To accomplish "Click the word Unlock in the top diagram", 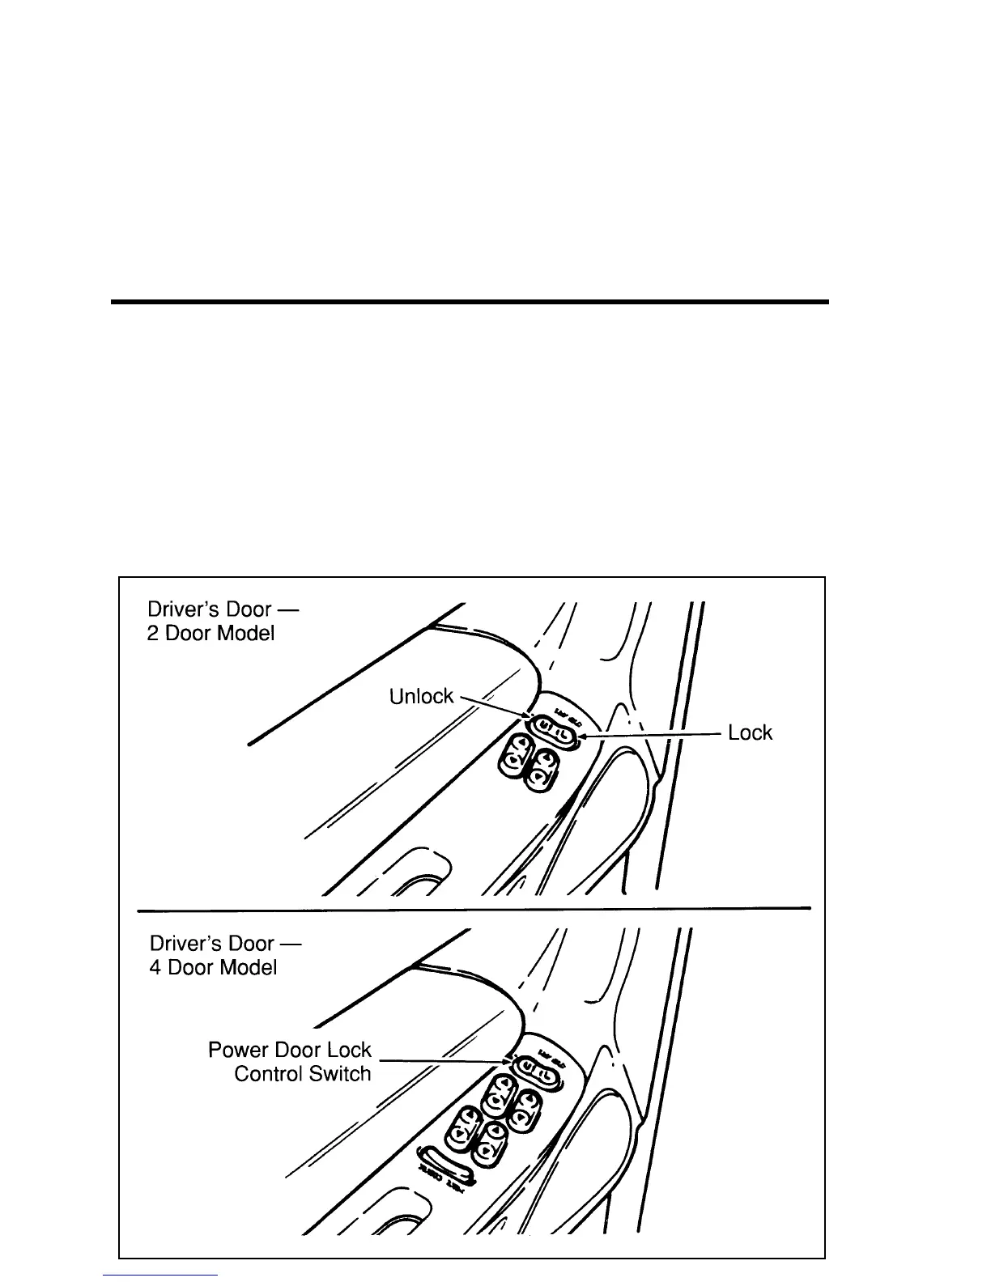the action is pyautogui.click(x=421, y=697).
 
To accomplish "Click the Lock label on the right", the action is pyautogui.click(x=750, y=733).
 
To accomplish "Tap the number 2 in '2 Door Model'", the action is pyautogui.click(x=152, y=634).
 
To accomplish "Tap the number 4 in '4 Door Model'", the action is pyautogui.click(x=155, y=968).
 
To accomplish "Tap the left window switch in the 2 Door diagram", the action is pyautogui.click(x=516, y=753).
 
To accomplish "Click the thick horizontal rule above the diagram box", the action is pyautogui.click(x=470, y=302).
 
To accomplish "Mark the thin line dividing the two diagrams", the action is pyautogui.click(x=474, y=910).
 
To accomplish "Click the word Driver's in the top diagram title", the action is pyautogui.click(x=183, y=609).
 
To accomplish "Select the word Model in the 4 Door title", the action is pyautogui.click(x=247, y=968).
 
